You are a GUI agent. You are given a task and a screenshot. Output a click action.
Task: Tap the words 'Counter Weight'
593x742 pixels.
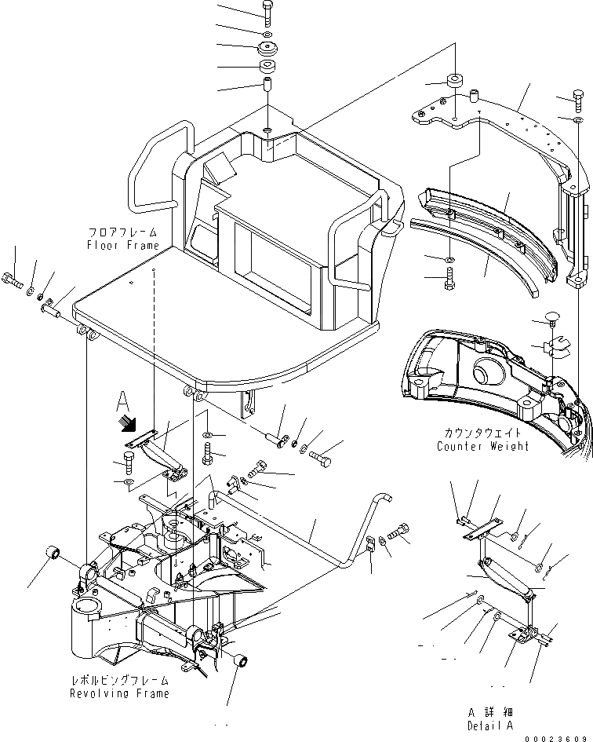pos(483,446)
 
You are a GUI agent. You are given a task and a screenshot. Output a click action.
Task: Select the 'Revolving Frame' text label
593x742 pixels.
pos(119,693)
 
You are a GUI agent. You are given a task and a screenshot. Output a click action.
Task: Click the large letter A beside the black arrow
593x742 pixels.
pos(122,402)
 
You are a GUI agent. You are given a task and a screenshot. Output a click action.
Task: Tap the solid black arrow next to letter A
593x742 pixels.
pos(124,425)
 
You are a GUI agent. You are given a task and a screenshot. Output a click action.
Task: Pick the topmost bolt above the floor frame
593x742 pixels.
pos(267,12)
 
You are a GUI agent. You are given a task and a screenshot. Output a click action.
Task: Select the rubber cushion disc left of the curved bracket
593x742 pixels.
pos(455,82)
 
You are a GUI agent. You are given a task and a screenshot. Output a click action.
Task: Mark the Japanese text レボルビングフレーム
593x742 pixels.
pos(119,682)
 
